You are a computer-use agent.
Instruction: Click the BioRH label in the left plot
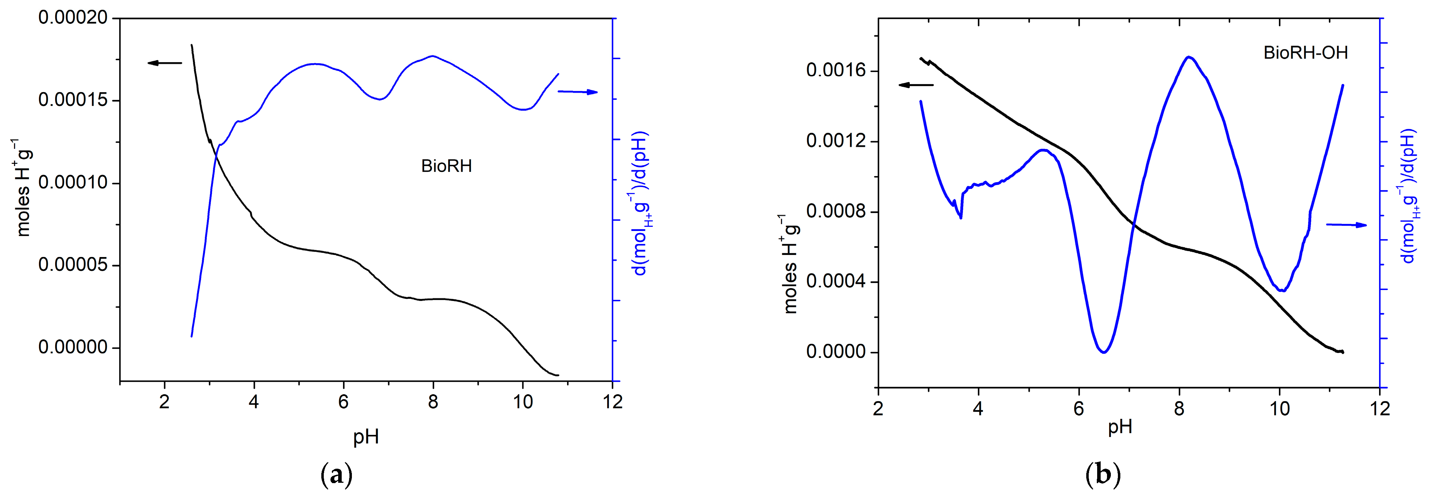coord(446,166)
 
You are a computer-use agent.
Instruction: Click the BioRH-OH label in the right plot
coord(1305,53)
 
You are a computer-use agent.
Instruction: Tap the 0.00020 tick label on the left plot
coord(73,18)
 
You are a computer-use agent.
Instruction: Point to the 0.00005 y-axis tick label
coord(73,265)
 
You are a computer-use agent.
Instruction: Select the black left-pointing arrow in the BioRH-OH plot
coord(916,85)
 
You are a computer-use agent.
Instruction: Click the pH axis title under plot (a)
coord(366,437)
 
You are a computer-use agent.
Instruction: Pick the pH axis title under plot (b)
coord(1120,427)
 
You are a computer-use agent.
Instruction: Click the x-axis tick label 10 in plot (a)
coord(523,401)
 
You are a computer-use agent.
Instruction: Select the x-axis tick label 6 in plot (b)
coord(1079,409)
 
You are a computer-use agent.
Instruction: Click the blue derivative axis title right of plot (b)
coord(1409,197)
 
